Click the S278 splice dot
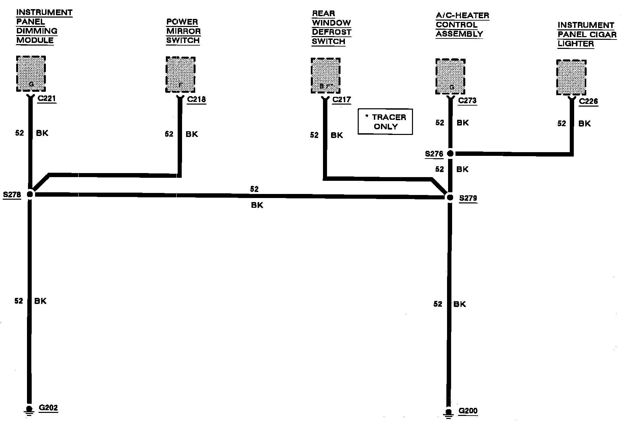click(30, 194)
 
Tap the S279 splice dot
click(450, 198)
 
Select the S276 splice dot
click(450, 154)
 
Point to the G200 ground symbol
click(448, 413)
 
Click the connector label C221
click(47, 99)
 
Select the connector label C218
click(196, 100)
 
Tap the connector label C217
click(342, 100)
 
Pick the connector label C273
click(467, 101)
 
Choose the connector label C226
click(588, 102)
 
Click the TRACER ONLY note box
click(385, 122)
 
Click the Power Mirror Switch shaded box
click(180, 75)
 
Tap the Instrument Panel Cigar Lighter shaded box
click(571, 78)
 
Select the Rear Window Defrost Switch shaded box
click(325, 76)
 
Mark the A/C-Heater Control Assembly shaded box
click(450, 77)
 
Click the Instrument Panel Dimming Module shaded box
click(31, 74)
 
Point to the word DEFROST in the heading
click(331, 32)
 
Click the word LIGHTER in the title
click(575, 44)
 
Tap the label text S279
click(468, 198)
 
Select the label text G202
click(48, 408)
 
